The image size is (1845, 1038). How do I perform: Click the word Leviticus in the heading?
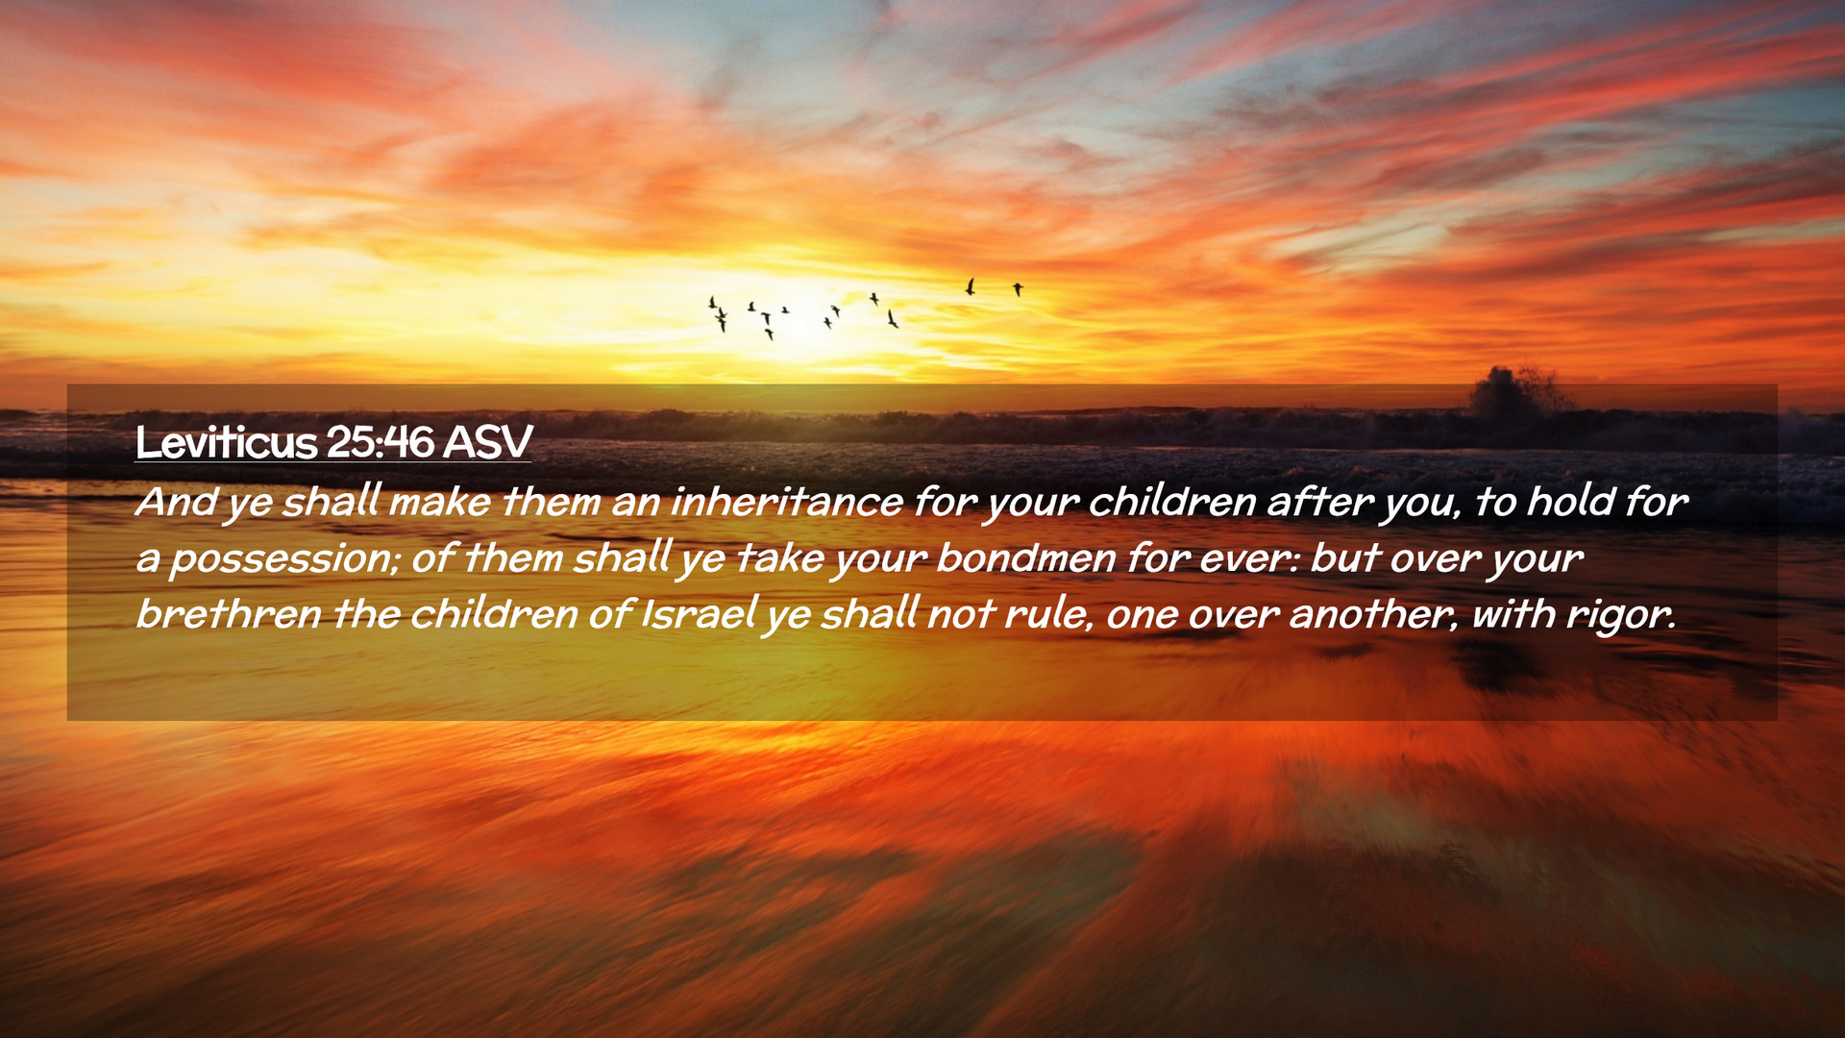tap(226, 442)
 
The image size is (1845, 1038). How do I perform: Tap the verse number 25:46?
tap(380, 442)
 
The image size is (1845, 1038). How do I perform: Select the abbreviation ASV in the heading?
tap(487, 442)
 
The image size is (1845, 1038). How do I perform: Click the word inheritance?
tap(787, 502)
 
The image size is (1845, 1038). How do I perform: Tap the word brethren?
tap(229, 614)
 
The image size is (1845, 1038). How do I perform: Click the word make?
tap(439, 502)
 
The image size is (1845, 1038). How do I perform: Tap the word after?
tap(1319, 502)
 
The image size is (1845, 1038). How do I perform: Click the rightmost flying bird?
tap(1018, 288)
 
